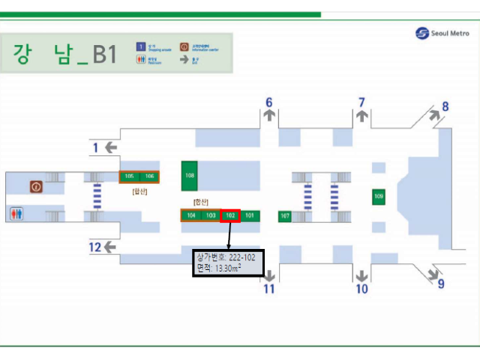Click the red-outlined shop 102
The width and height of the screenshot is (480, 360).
[x=231, y=215]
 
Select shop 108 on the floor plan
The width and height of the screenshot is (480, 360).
[x=190, y=175]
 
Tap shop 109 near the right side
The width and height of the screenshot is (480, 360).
[x=379, y=196]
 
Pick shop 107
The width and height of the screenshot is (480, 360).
[x=285, y=216]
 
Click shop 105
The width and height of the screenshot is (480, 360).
[x=129, y=176]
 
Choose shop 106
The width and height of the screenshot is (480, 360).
[x=150, y=176]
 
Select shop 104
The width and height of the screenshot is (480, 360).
[x=191, y=215]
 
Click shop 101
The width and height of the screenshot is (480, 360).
[x=250, y=215]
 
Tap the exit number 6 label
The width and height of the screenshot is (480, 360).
[x=269, y=103]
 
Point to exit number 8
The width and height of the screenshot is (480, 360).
[x=445, y=106]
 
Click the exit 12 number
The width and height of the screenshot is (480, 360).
[x=94, y=247]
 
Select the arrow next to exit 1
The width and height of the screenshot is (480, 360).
[x=110, y=148]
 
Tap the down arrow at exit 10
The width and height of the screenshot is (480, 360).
[x=361, y=275]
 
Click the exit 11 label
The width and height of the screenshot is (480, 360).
[x=269, y=289]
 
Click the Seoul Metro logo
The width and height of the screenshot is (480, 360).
[x=442, y=33]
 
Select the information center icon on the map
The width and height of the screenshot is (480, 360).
[x=35, y=185]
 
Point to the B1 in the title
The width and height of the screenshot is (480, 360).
[x=104, y=55]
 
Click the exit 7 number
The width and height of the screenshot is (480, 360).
[x=361, y=102]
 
